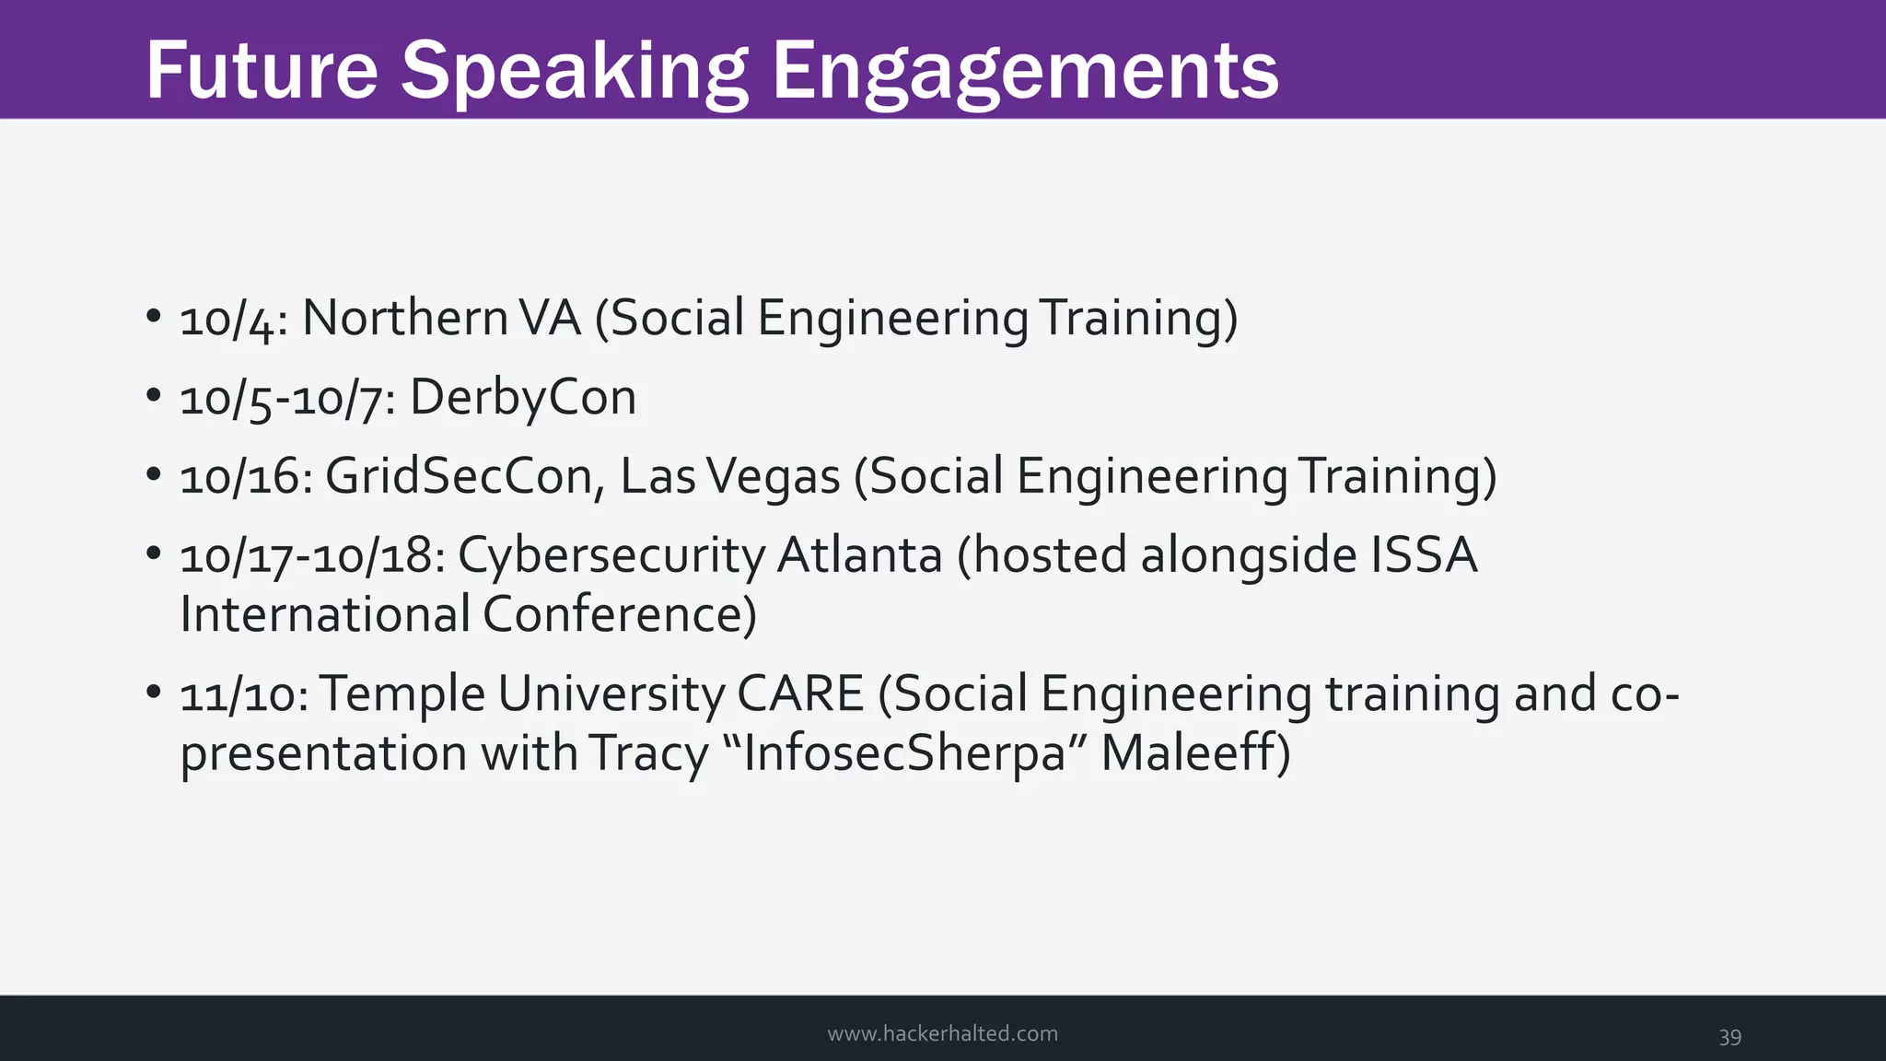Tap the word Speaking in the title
(574, 72)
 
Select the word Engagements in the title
(1025, 72)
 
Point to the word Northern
(405, 318)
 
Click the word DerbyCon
(523, 399)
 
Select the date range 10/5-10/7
(287, 399)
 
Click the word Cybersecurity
(611, 556)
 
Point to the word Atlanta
(860, 555)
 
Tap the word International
(325, 614)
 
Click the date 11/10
(244, 694)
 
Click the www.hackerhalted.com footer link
(942, 1033)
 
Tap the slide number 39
(1729, 1036)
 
